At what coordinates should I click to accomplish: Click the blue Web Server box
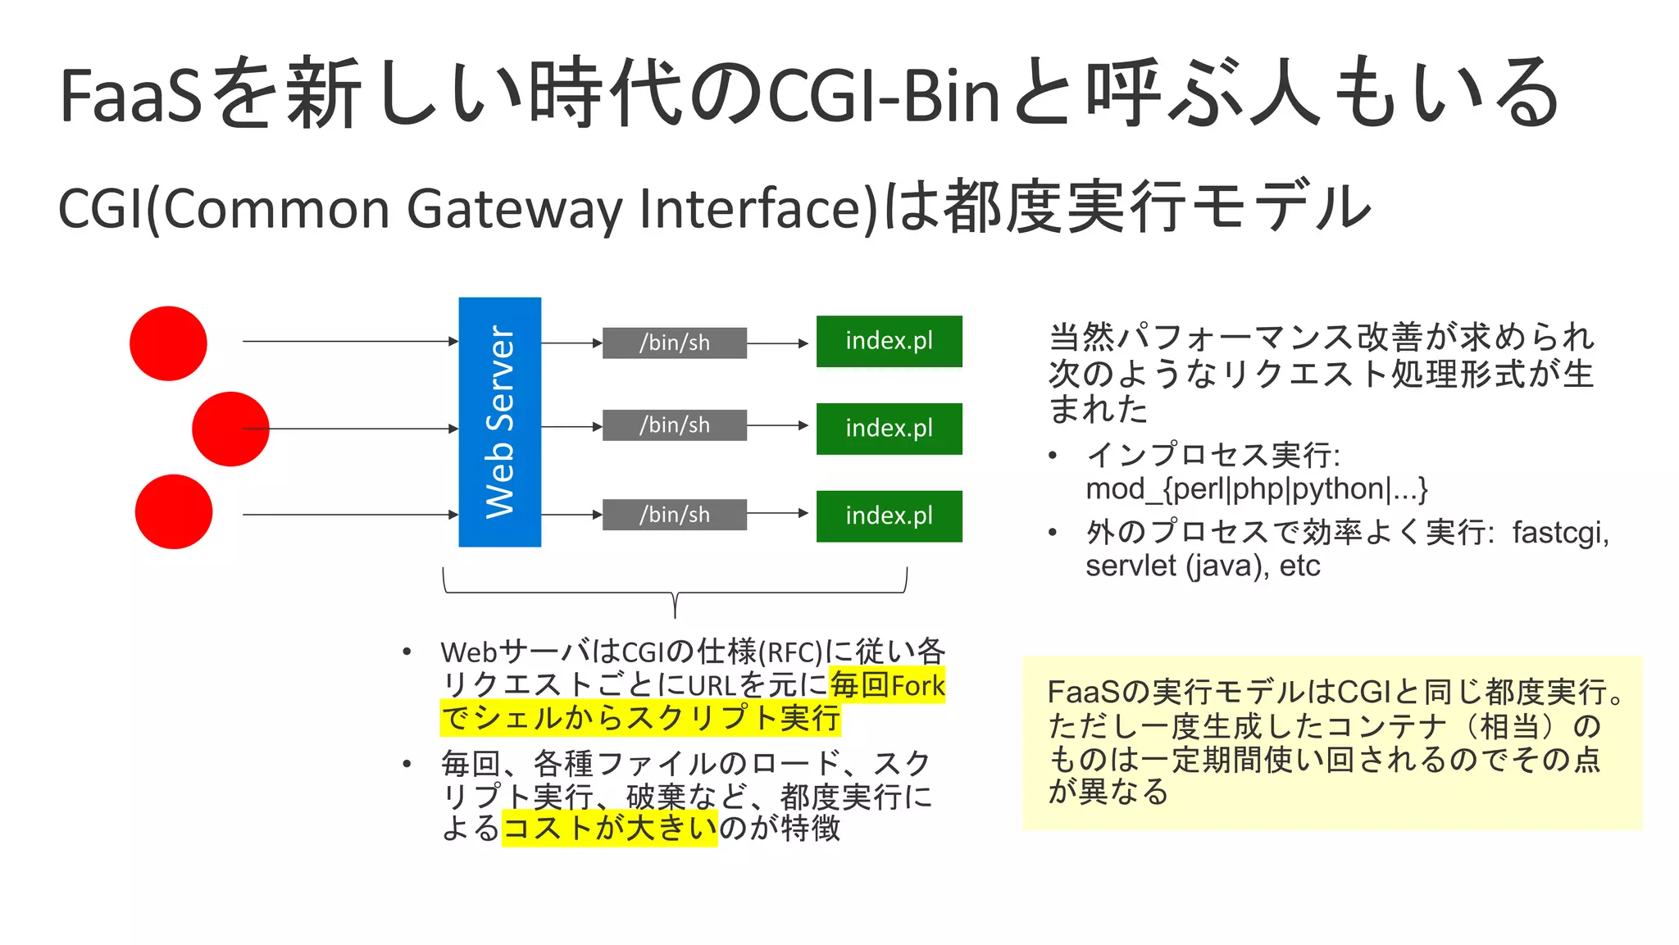click(499, 421)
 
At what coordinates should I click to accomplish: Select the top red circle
click(168, 343)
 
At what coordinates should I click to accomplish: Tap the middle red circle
click(230, 429)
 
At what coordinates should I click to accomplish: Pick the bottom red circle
click(174, 511)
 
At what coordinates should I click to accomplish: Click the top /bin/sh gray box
click(674, 343)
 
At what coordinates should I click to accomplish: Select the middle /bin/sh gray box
click(674, 425)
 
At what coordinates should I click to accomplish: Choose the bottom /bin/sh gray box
click(674, 515)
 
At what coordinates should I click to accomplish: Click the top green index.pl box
click(889, 341)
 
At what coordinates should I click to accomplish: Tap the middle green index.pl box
click(889, 429)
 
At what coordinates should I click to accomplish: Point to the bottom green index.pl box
click(889, 516)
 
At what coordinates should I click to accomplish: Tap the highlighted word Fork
click(917, 685)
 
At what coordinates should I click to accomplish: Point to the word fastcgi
click(1560, 533)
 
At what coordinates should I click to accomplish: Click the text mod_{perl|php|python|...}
click(1256, 489)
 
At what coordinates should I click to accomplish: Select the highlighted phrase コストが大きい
click(609, 828)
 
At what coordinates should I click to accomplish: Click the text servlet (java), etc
click(1202, 566)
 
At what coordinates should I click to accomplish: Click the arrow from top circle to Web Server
click(349, 341)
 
